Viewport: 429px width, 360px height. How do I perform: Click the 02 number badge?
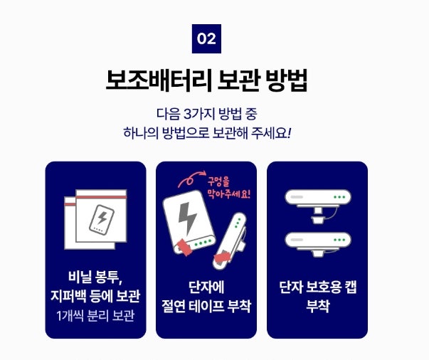(206, 38)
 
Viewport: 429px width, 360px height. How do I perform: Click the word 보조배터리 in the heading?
(159, 80)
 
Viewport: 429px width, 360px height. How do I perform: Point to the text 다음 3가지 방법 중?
(207, 114)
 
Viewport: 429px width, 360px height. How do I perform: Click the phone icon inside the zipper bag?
(102, 219)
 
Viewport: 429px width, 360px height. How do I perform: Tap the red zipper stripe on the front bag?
(101, 197)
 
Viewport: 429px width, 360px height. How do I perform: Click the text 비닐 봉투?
(95, 277)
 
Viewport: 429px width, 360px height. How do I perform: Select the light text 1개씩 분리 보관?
(95, 316)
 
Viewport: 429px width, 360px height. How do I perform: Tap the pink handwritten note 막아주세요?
(229, 194)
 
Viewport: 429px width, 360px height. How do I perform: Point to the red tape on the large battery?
(185, 247)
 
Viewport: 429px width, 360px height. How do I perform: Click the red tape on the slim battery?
(222, 257)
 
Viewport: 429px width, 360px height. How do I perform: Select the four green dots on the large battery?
(202, 243)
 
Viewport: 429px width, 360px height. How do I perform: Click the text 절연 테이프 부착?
(206, 306)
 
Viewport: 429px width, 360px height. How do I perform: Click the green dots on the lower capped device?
(339, 240)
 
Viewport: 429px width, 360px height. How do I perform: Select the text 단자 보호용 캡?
(318, 287)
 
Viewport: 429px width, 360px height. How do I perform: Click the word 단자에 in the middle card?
(206, 287)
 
